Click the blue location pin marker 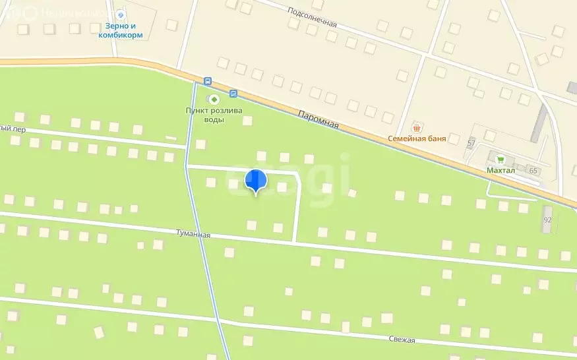[255, 180]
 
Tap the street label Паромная [318, 119]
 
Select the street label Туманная [193, 234]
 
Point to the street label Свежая [402, 340]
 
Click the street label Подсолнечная [313, 18]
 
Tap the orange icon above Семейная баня [416, 127]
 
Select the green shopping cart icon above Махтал [501, 160]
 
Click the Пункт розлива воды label [214, 115]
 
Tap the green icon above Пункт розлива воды [213, 99]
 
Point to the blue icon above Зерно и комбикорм [119, 13]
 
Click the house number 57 [471, 143]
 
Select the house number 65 [533, 171]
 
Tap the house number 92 [547, 220]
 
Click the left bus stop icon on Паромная [208, 81]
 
